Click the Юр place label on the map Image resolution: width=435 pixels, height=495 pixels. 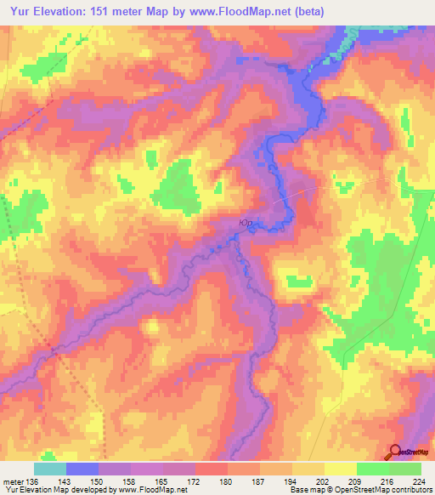(246, 223)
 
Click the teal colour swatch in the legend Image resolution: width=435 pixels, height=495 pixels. (50, 469)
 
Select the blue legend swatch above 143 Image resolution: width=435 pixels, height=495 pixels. (82, 469)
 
